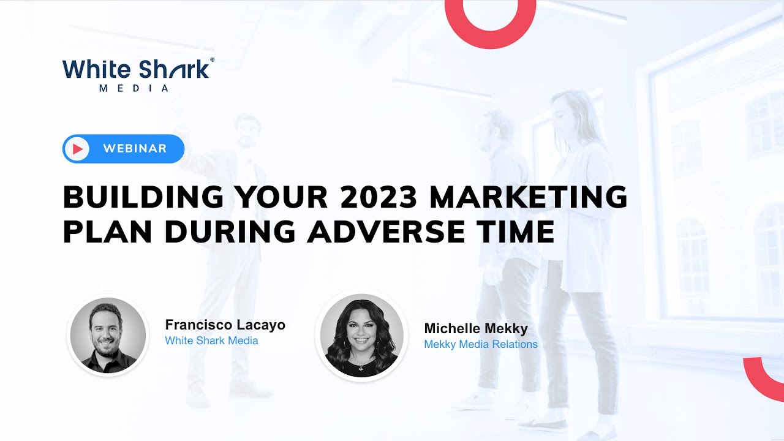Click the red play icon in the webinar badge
click(x=77, y=149)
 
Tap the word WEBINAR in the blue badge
click(x=135, y=149)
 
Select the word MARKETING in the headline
click(x=529, y=197)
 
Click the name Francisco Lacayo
click(x=225, y=325)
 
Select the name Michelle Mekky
click(x=476, y=329)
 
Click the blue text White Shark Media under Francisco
click(x=211, y=341)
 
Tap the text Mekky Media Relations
click(x=481, y=344)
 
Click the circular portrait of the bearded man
click(x=108, y=335)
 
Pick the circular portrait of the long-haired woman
click(x=361, y=335)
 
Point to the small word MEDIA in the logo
click(x=134, y=88)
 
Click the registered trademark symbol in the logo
click(x=213, y=60)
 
